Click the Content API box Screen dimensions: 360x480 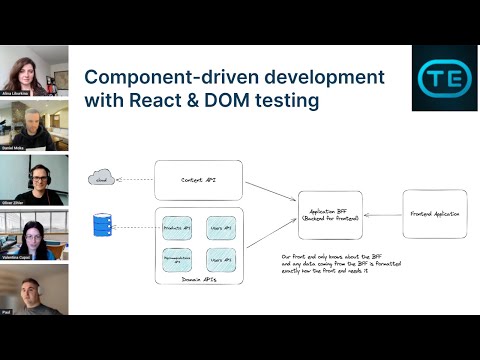coord(198,180)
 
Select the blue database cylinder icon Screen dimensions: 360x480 coord(101,225)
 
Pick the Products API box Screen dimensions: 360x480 coord(176,229)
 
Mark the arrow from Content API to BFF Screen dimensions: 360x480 coord(271,190)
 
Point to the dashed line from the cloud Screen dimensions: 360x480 coord(132,180)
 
